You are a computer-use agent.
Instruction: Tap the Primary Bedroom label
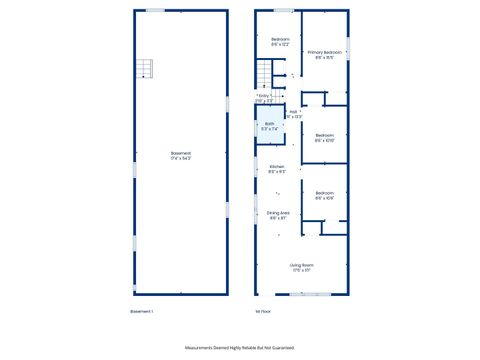pyautogui.click(x=324, y=54)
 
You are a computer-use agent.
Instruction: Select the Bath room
pyautogui.click(x=269, y=125)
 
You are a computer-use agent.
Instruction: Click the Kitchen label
pyautogui.click(x=278, y=168)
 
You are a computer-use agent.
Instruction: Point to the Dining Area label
pyautogui.click(x=278, y=215)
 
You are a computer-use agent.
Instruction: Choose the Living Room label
pyautogui.click(x=301, y=267)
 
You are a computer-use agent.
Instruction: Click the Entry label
pyautogui.click(x=265, y=98)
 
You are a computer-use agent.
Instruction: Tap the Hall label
pyautogui.click(x=293, y=114)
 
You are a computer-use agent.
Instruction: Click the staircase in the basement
pyautogui.click(x=147, y=69)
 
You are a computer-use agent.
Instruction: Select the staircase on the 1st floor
pyautogui.click(x=265, y=74)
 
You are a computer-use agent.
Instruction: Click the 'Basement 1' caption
pyautogui.click(x=141, y=312)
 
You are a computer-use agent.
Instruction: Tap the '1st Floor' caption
pyautogui.click(x=264, y=312)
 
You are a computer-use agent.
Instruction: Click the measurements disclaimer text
pyautogui.click(x=240, y=348)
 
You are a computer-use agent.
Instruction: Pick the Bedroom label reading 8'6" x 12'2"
pyautogui.click(x=279, y=42)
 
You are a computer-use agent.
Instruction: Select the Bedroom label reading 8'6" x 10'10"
pyautogui.click(x=324, y=138)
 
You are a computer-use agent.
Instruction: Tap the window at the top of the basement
pyautogui.click(x=156, y=10)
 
